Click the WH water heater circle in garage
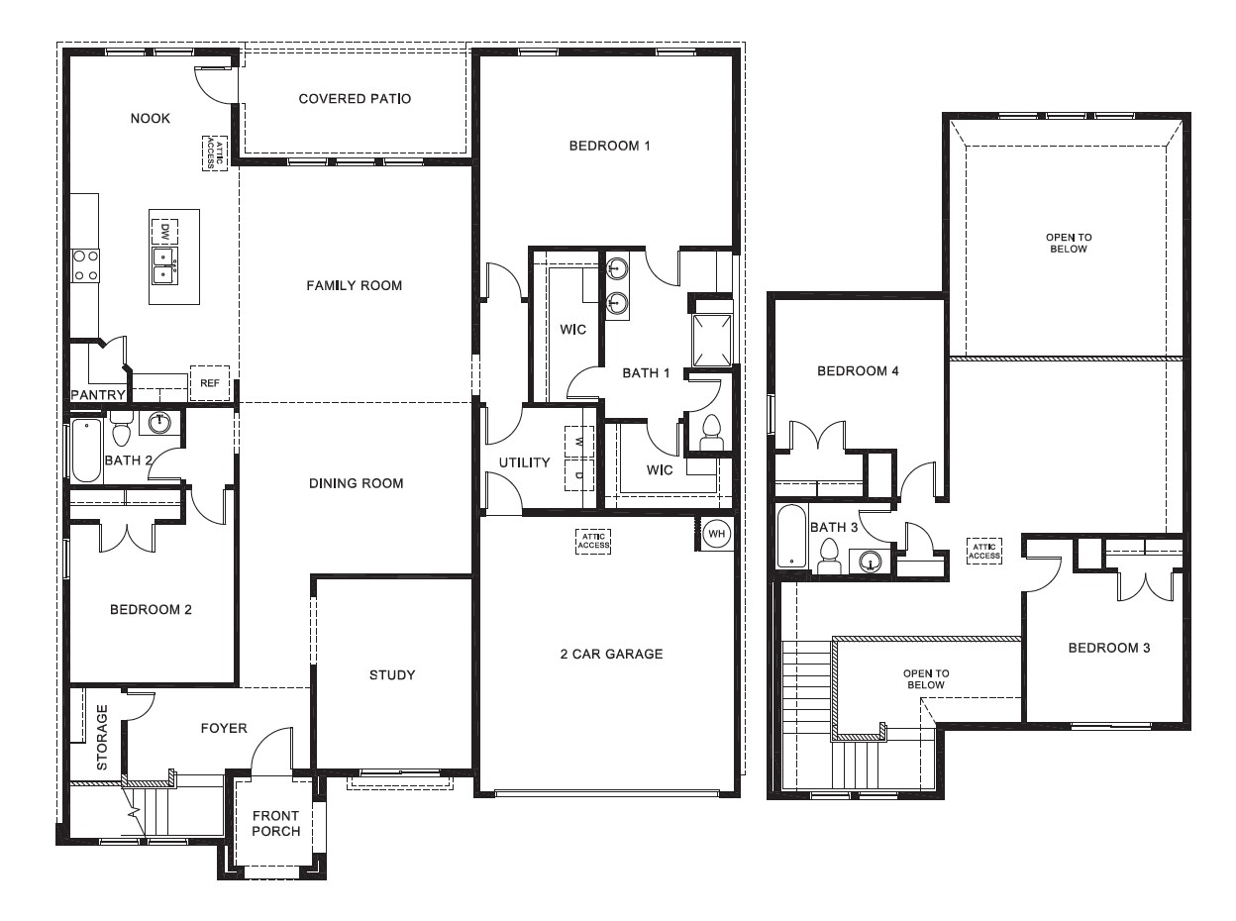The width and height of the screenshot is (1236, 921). [x=716, y=535]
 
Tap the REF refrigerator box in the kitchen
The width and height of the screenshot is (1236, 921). [x=209, y=383]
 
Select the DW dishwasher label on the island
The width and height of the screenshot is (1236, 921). [x=163, y=232]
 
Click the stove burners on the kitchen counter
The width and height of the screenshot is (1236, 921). [x=85, y=264]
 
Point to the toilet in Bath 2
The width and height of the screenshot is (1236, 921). [x=122, y=433]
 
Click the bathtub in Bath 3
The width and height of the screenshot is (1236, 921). [x=791, y=536]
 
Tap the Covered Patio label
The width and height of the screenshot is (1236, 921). [x=355, y=99]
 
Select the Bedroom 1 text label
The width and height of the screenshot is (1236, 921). [x=609, y=147]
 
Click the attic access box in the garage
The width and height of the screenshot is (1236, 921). [x=593, y=541]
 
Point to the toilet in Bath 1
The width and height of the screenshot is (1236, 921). [x=711, y=432]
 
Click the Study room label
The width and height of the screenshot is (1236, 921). [x=392, y=675]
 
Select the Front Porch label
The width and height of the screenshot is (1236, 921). [x=275, y=823]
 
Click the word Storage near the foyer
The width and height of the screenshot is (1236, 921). [x=102, y=738]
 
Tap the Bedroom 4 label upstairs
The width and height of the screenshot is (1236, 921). [x=858, y=371]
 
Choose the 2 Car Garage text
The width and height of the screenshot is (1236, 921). [x=611, y=654]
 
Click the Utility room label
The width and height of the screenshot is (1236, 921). [x=524, y=462]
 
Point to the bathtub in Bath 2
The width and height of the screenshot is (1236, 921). [x=86, y=451]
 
